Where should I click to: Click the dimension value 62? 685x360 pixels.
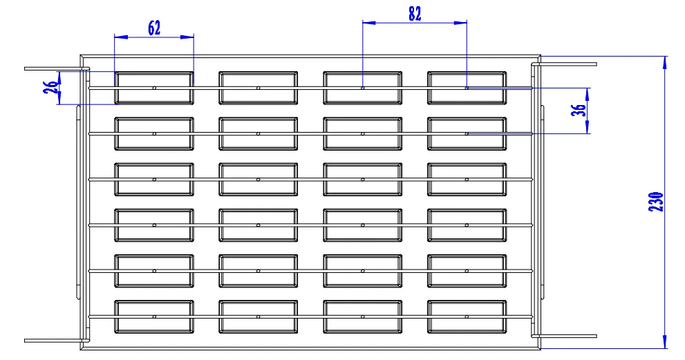pos(153,28)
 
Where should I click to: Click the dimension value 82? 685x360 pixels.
pos(414,14)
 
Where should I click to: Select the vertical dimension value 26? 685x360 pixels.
pos(50,88)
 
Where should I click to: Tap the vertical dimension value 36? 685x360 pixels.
pos(581,110)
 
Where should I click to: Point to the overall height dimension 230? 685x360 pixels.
pos(656,201)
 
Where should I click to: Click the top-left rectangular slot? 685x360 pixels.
pos(153,88)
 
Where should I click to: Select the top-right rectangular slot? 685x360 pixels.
pos(467,88)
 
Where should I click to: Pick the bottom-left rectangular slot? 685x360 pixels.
pos(153,316)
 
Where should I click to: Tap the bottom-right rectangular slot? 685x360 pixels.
pos(467,316)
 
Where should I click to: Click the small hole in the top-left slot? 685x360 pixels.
pos(154,88)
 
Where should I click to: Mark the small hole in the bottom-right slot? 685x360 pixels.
pos(467,316)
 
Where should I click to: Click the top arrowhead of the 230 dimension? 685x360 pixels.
pos(664,61)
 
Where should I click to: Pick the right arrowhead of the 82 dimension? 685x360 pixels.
pos(462,22)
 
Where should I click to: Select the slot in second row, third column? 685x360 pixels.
pos(362,133)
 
